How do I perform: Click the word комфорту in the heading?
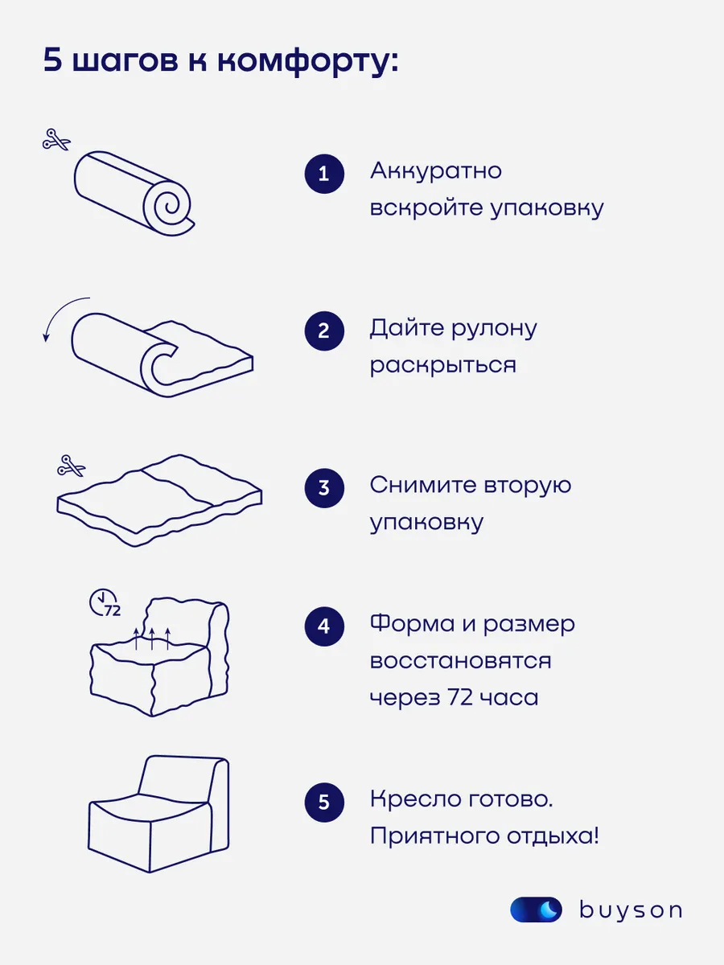304,61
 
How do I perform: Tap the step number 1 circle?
324,174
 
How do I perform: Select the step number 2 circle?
324,331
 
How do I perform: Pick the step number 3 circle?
324,488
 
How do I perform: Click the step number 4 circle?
324,626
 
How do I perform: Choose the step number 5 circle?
324,802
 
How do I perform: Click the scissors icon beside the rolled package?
56,140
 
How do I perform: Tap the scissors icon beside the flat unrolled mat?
72,466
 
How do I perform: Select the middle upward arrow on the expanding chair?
152,639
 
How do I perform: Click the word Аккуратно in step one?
436,170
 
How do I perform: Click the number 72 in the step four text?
460,697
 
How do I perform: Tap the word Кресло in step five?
415,799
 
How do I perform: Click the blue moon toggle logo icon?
536,910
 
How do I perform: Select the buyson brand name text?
631,910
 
